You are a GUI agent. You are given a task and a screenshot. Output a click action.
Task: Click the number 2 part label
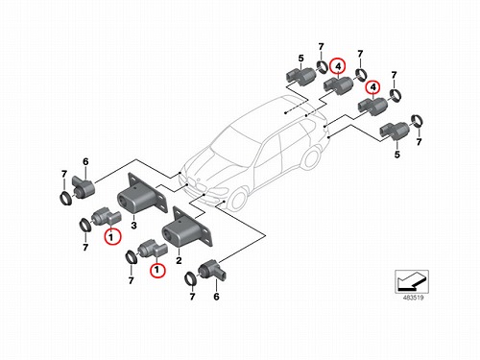[x=179, y=260]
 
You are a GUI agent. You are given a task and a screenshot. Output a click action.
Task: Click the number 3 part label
[x=133, y=226]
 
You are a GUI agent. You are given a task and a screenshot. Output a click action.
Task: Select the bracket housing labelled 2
[x=187, y=228]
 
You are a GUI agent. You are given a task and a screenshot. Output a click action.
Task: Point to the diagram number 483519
[x=413, y=298]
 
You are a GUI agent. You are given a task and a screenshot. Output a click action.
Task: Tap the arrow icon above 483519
[x=412, y=281]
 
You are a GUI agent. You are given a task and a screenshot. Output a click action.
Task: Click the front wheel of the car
[x=238, y=200]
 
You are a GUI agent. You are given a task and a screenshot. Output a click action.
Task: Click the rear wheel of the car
[x=311, y=158]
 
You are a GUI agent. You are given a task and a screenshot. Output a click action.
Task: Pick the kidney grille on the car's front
[x=197, y=185]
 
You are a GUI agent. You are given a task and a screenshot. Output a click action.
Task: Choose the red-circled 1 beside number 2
[x=156, y=270]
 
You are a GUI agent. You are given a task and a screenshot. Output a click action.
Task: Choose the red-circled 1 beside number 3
[x=110, y=237]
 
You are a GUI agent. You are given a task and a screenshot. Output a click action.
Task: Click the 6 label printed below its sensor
[x=216, y=297]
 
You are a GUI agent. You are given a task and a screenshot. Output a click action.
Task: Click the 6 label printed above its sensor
[x=85, y=162]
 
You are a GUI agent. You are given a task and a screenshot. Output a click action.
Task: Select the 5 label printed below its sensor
[x=397, y=155]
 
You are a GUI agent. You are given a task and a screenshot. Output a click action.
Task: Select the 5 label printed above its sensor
[x=300, y=59]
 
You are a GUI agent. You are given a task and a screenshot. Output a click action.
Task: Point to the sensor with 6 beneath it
[x=212, y=272]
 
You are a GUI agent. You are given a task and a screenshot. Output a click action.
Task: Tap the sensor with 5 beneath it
[x=394, y=131]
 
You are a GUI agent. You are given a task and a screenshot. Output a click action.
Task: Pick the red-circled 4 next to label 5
[x=338, y=66]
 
